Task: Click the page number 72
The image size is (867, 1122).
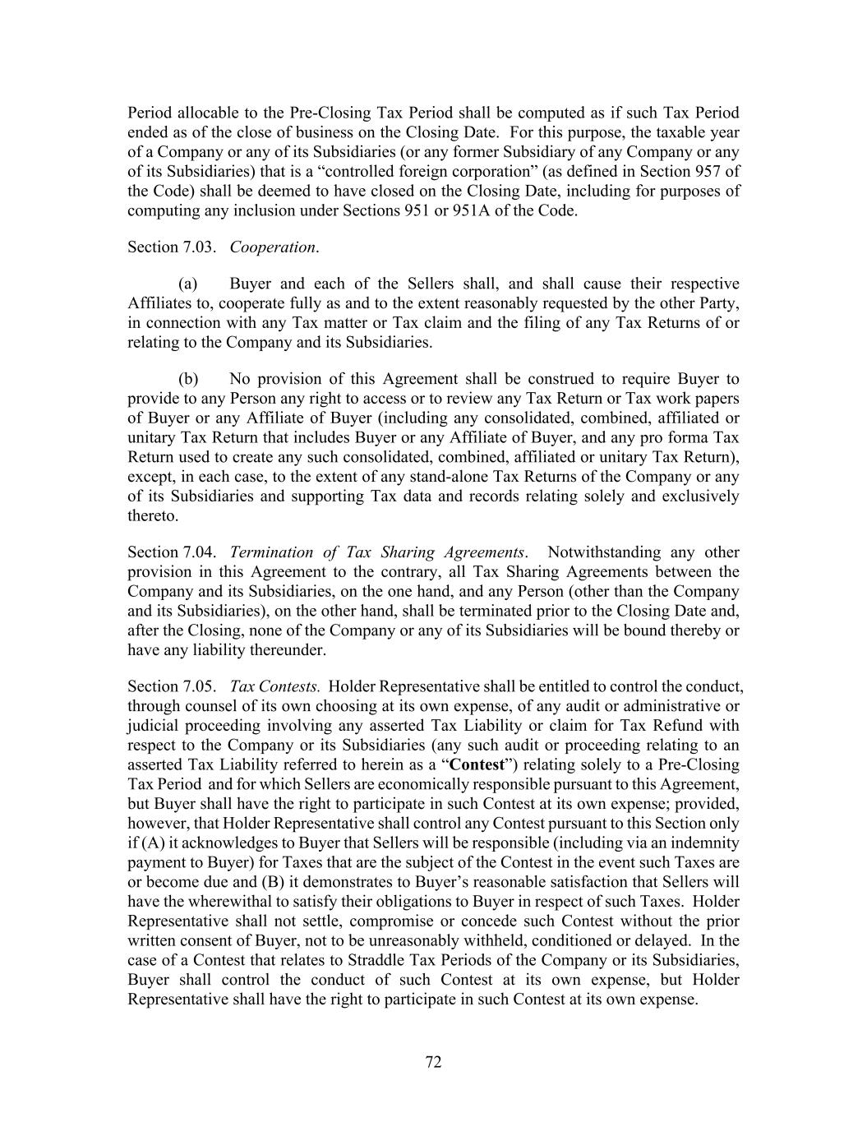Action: (433, 1062)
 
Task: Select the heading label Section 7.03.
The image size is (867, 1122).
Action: (172, 247)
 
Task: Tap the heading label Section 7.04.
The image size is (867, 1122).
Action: (172, 552)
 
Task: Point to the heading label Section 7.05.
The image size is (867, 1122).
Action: (172, 686)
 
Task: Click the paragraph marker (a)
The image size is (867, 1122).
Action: (188, 284)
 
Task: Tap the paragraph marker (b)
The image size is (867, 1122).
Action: (188, 379)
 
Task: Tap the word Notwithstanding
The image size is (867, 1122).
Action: (604, 552)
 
